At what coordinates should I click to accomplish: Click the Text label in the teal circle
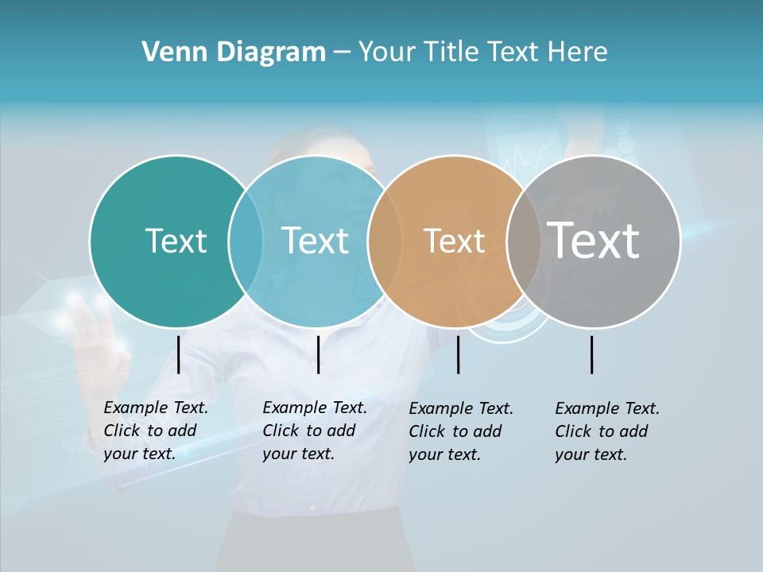tap(176, 241)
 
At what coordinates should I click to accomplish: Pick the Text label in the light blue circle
tap(315, 241)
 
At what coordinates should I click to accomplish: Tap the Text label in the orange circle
tap(454, 241)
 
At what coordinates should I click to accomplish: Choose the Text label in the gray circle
tap(594, 241)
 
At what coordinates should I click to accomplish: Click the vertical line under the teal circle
tap(179, 354)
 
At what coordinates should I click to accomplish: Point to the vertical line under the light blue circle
tap(318, 354)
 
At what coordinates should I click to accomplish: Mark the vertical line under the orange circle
tap(459, 354)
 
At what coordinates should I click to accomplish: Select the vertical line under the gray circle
tap(592, 354)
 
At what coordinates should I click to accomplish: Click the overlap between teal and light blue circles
tap(246, 241)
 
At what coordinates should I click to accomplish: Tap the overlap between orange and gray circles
tap(524, 241)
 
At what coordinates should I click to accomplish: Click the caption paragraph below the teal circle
tap(155, 431)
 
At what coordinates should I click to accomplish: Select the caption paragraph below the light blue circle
tap(314, 431)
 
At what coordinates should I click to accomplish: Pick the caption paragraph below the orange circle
tap(460, 431)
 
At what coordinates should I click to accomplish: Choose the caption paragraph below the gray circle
tap(606, 431)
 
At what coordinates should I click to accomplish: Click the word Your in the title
tap(388, 52)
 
